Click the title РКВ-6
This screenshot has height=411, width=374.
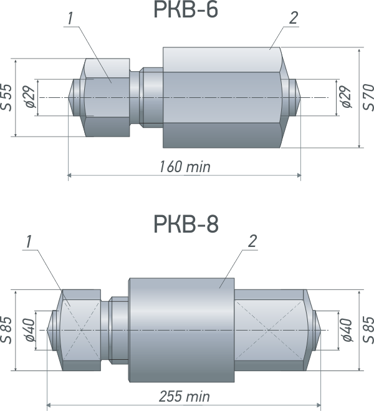(x=186, y=10)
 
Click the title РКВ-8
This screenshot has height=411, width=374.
(x=186, y=224)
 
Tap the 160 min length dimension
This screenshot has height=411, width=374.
(x=185, y=167)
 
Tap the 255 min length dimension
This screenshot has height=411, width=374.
(x=185, y=396)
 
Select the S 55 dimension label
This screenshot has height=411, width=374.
(x=6, y=97)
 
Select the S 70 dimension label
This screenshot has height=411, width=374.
(x=368, y=97)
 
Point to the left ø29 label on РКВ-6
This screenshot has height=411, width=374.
(x=31, y=97)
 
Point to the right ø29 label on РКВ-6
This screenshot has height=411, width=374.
(x=346, y=97)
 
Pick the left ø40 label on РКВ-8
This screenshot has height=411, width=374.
(x=31, y=330)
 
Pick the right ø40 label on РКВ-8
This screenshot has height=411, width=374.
(x=347, y=330)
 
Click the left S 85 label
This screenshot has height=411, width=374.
(x=6, y=331)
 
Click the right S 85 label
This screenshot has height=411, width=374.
(x=368, y=330)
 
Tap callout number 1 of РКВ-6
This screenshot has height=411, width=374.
(x=70, y=19)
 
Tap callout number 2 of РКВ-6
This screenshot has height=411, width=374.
(x=294, y=19)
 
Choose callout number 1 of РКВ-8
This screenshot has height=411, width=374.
(x=29, y=241)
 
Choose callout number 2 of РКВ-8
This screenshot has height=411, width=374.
(x=252, y=241)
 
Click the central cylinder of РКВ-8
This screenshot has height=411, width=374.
(x=181, y=331)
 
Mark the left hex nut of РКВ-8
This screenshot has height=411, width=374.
(x=79, y=331)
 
